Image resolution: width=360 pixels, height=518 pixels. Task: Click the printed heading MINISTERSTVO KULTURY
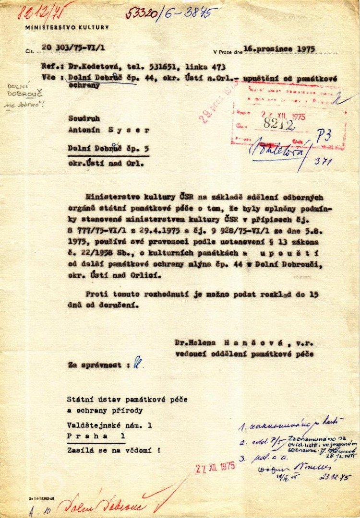coord(67,27)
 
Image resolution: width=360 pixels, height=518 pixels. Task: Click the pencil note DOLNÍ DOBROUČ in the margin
coord(19,89)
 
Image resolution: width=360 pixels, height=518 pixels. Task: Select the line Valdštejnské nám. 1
coord(108,424)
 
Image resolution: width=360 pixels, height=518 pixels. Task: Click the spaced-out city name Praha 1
coord(96,436)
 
